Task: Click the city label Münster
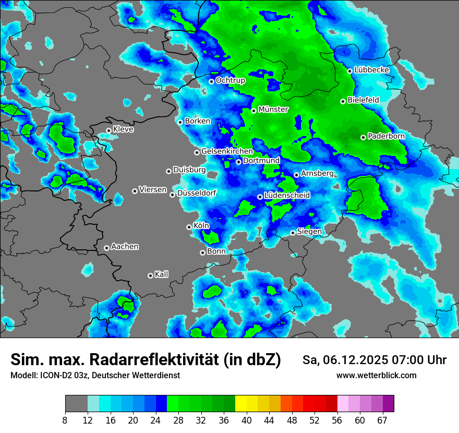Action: [x=273, y=110]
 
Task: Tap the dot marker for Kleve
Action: [x=108, y=130]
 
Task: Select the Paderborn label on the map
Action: [x=386, y=136]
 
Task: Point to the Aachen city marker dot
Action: [x=106, y=248]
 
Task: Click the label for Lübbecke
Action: [x=371, y=70]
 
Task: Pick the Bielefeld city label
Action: [x=363, y=100]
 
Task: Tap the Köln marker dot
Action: [x=189, y=227]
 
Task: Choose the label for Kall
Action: [x=161, y=274]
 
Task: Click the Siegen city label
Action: [x=309, y=232]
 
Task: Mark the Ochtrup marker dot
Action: [x=211, y=81]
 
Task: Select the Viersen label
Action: [x=153, y=190]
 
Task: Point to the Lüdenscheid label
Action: [x=287, y=196]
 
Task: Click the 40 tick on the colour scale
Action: [x=247, y=420]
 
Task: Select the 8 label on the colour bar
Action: [x=65, y=420]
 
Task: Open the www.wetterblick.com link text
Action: [x=377, y=376]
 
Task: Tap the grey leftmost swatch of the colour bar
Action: [x=76, y=404]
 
